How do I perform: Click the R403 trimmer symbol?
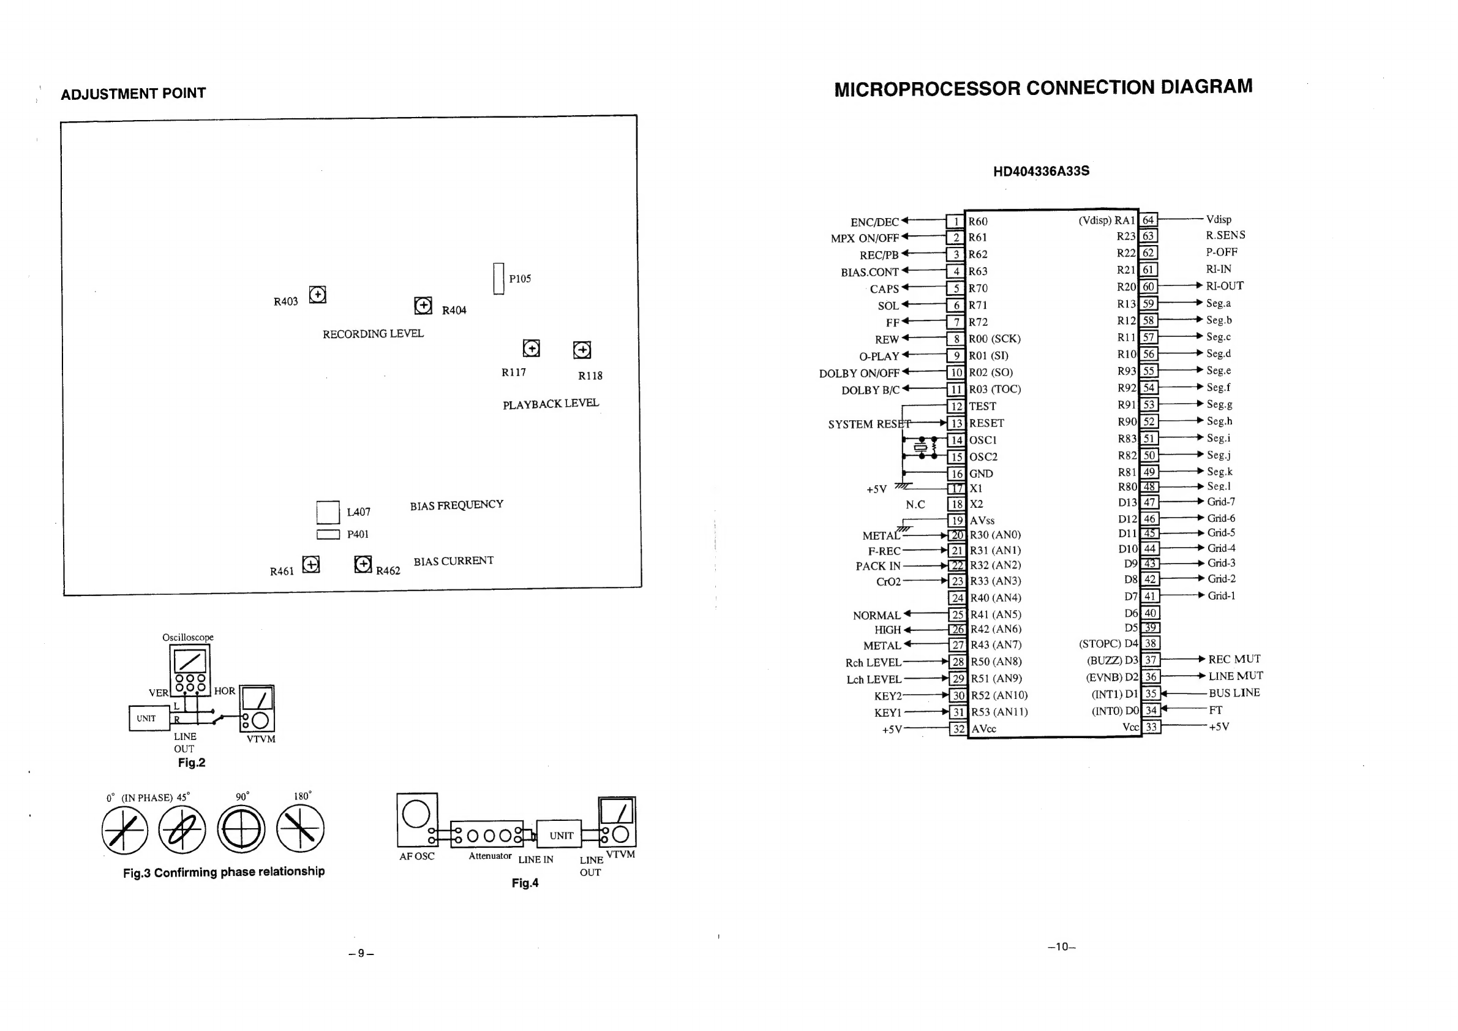(318, 295)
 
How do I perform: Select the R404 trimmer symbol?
(423, 306)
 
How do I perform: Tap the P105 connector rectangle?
(498, 279)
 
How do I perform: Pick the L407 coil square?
(328, 512)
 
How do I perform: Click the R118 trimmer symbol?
(582, 350)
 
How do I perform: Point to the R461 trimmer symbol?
(310, 564)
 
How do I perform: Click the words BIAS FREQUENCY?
(456, 505)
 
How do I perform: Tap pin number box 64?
(1148, 220)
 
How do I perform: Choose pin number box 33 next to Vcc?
(1151, 727)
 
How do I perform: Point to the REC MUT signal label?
(1234, 659)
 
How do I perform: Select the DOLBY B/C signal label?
(870, 390)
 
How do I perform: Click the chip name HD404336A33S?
(1041, 171)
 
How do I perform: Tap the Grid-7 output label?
(1221, 502)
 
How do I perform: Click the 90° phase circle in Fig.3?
(241, 829)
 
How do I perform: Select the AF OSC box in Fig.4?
(416, 820)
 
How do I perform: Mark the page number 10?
(1062, 946)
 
